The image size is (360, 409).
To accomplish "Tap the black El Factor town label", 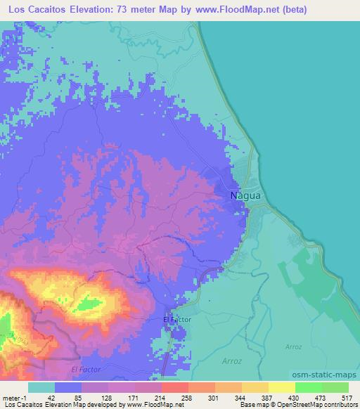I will pos(176,320).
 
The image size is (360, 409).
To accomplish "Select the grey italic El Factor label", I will pos(86,368).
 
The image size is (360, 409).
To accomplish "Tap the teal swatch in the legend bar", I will pos(41,387).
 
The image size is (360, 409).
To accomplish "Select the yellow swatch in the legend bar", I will pos(282,387).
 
